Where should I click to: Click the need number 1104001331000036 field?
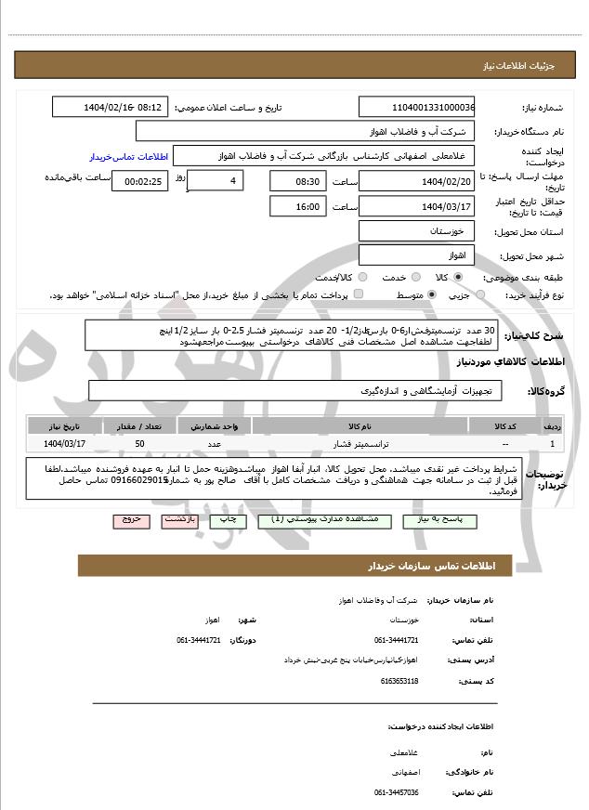tap(416, 107)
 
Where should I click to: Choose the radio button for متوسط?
tap(432, 295)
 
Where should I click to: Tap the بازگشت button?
tap(181, 521)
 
